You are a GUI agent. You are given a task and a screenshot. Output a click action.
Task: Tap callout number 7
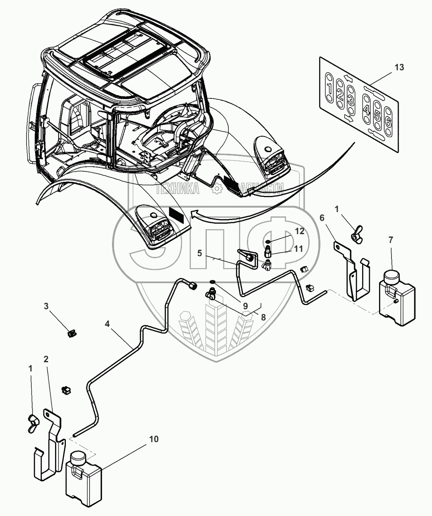(391, 240)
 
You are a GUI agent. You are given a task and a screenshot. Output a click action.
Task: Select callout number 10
(154, 439)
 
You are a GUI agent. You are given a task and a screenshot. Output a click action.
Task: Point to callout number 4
(107, 322)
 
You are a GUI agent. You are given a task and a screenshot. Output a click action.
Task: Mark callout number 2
(46, 359)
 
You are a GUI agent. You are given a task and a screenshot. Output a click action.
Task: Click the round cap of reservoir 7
(391, 277)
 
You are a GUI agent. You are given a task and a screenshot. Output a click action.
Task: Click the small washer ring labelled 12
(267, 241)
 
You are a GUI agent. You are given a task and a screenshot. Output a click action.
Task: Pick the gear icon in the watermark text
(217, 187)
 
